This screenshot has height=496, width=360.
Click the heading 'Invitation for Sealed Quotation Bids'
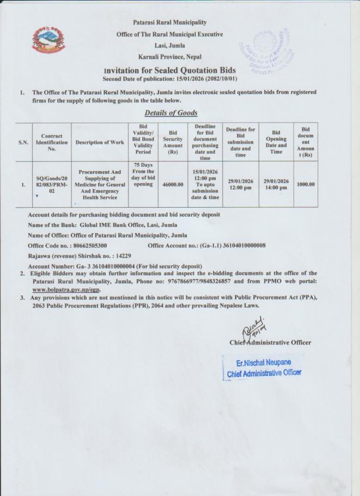click(169, 71)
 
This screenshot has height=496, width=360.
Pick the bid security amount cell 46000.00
click(173, 185)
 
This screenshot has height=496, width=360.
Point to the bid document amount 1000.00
click(305, 184)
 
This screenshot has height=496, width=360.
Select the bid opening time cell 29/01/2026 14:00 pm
click(276, 185)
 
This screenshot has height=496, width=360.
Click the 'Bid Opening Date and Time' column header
click(276, 142)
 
